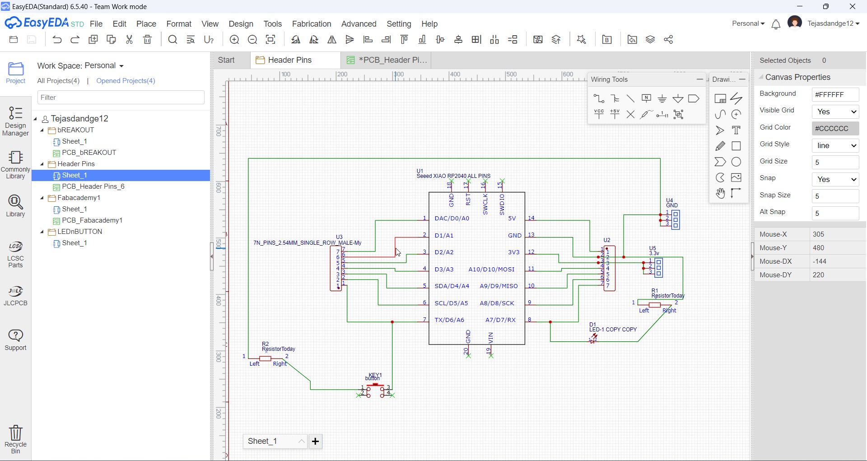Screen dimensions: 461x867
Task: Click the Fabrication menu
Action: [x=312, y=24]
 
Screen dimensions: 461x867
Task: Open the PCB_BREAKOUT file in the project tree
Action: [x=89, y=153]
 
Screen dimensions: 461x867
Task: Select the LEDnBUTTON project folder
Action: [x=79, y=232]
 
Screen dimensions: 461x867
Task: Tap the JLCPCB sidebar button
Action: [x=16, y=296]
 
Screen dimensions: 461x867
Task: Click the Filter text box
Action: [x=121, y=98]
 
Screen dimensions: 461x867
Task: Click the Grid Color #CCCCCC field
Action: [x=835, y=129]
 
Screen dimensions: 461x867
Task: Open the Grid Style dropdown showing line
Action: [x=835, y=146]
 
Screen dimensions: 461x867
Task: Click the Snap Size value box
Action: [x=835, y=196]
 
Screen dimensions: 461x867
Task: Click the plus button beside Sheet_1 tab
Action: [x=316, y=441]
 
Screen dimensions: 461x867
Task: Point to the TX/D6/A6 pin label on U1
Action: [x=449, y=320]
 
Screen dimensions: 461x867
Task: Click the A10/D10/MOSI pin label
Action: [x=491, y=270]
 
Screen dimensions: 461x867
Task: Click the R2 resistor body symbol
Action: [x=266, y=359]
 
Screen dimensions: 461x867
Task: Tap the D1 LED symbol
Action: [x=593, y=339]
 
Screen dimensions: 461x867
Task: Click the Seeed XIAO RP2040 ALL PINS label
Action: [x=453, y=176]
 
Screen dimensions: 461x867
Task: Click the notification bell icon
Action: [x=776, y=24]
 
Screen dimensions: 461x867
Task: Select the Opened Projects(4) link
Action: [x=126, y=81]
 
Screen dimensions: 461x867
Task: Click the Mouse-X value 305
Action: [x=819, y=234]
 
